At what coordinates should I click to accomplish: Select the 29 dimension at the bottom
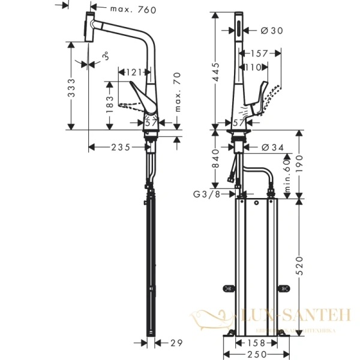coord(175,343)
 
